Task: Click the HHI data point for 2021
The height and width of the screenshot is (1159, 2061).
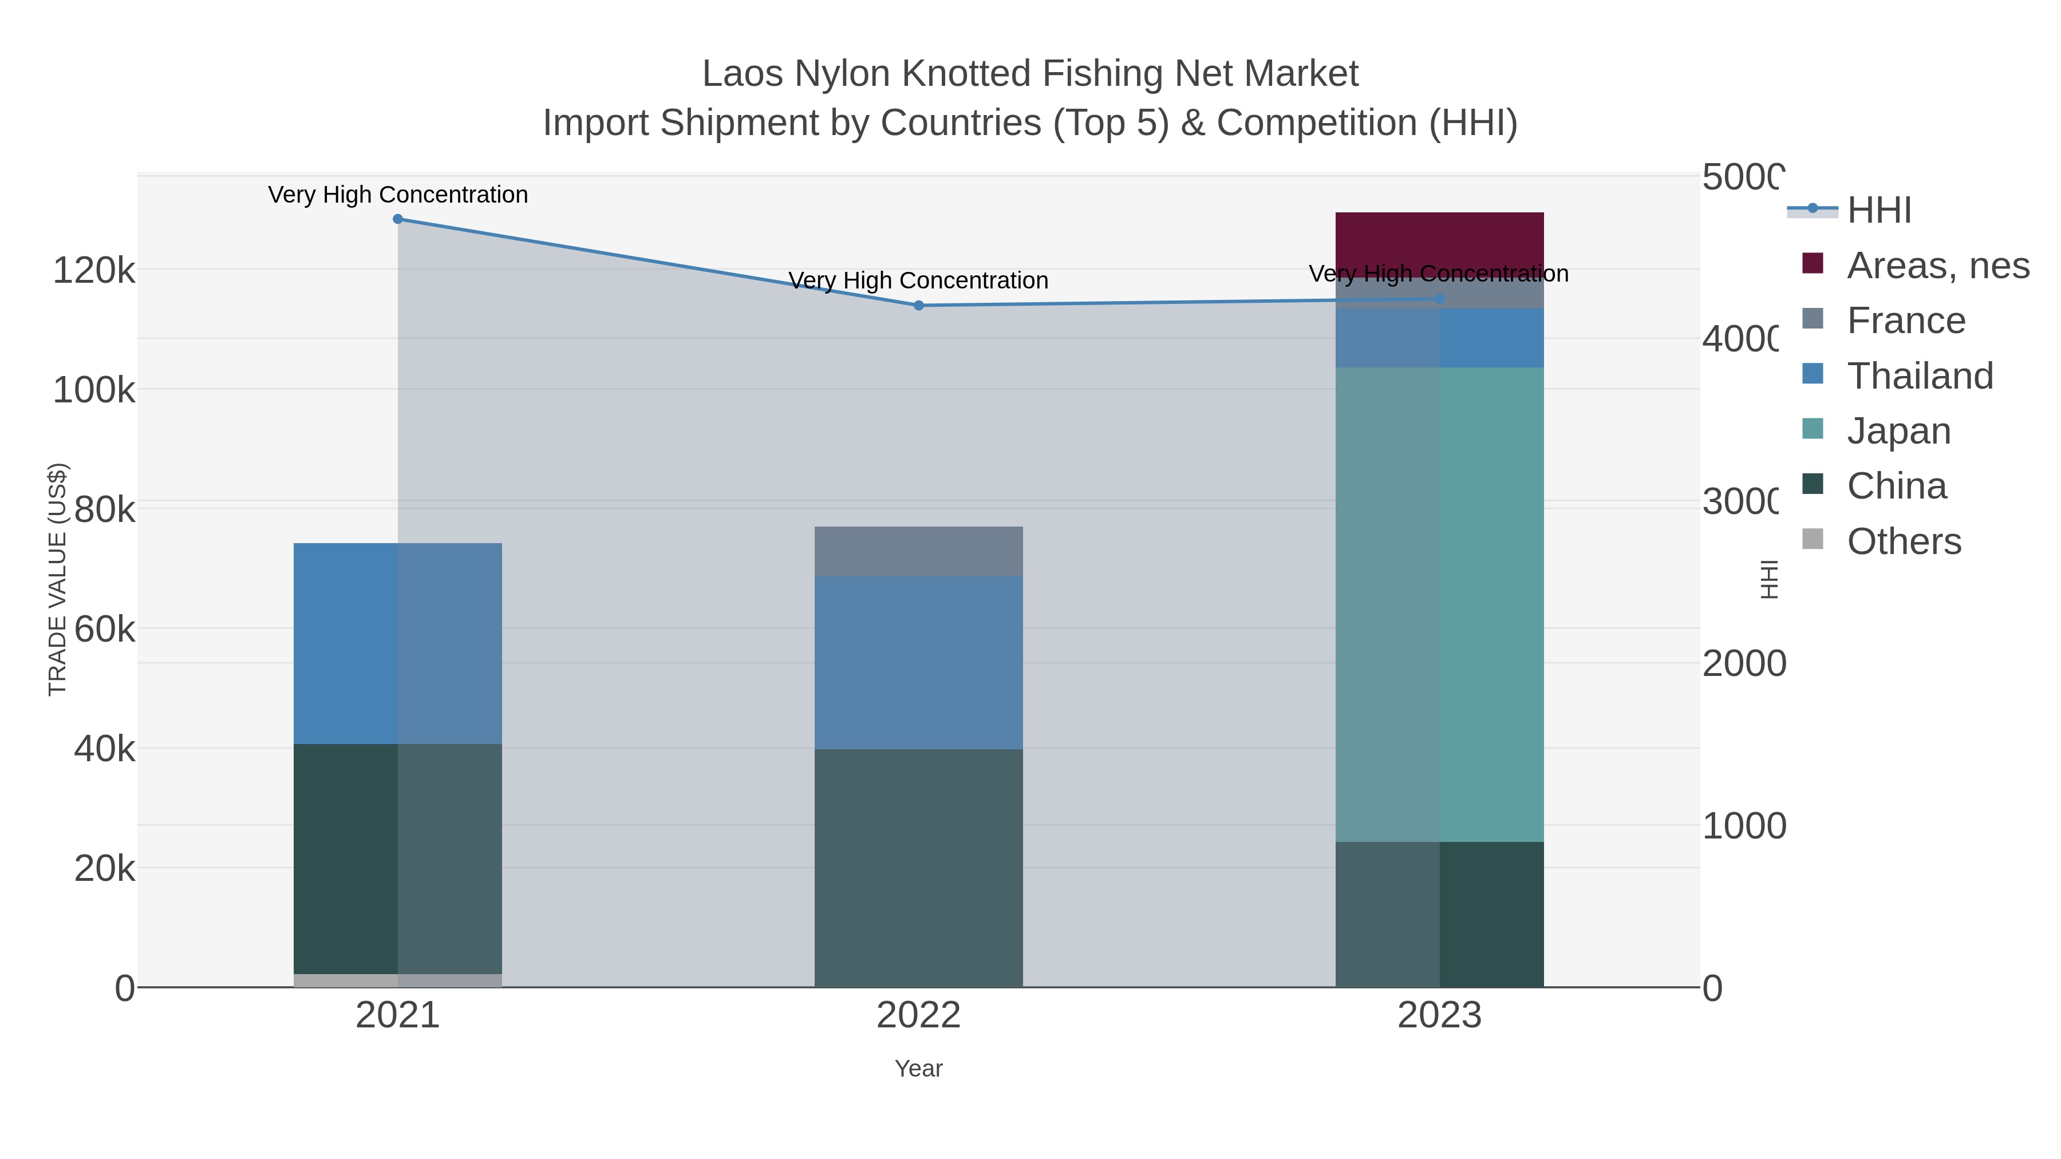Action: click(398, 219)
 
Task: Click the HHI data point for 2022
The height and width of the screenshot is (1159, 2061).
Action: click(918, 306)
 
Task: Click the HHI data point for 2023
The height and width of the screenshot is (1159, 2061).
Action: click(1439, 299)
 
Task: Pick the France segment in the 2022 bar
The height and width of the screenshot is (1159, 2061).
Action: click(918, 551)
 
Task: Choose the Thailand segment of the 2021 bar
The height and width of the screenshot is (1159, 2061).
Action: click(398, 643)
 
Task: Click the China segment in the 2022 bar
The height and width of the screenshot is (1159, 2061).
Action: click(918, 868)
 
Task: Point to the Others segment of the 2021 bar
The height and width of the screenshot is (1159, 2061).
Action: click(398, 980)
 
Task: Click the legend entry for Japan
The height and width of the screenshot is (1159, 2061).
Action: click(1898, 431)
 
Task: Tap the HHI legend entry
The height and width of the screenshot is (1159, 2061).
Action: click(1878, 211)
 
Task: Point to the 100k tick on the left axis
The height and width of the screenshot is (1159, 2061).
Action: click(94, 390)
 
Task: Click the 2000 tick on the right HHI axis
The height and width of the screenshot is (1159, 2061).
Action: click(1743, 664)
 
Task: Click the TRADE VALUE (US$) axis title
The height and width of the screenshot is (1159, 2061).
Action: click(58, 579)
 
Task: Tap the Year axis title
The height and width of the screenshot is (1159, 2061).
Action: click(918, 1069)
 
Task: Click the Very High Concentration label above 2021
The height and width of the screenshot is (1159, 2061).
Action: click(398, 195)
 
